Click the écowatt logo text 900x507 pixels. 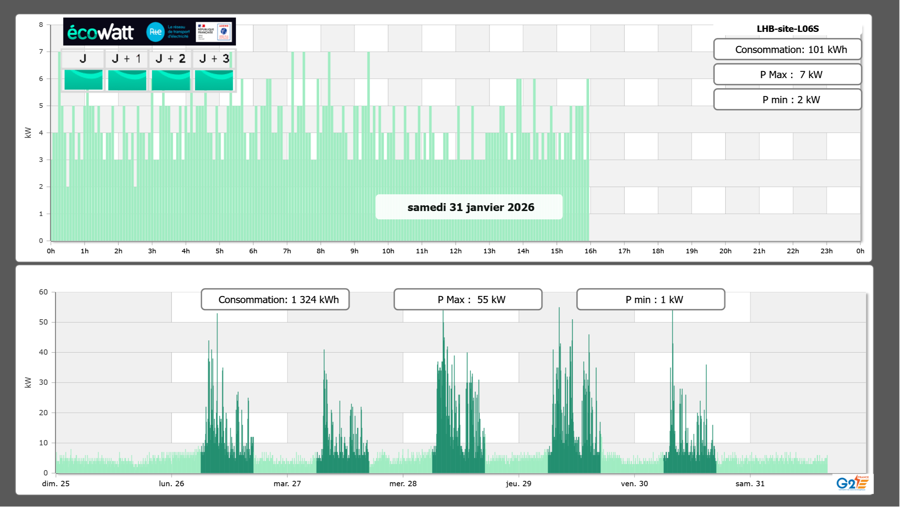tap(101, 33)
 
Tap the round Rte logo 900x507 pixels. tap(155, 32)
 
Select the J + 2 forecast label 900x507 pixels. tap(171, 59)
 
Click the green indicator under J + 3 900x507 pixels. tap(214, 80)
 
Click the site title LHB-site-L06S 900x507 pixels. tap(787, 29)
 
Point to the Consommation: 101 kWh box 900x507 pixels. tap(787, 49)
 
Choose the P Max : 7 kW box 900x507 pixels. tap(787, 75)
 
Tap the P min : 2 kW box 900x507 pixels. tap(787, 100)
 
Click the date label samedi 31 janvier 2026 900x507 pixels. tap(471, 207)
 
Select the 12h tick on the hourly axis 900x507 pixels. tap(456, 251)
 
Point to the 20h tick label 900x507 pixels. tap(725, 251)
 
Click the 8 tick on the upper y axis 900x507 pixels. tap(41, 25)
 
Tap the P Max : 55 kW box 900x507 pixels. tap(468, 300)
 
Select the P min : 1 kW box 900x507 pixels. tap(651, 300)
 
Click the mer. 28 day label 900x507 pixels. tap(403, 484)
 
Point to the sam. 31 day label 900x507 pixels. tap(750, 484)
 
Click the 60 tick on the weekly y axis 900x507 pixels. tap(43, 292)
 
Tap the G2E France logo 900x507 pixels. tap(852, 483)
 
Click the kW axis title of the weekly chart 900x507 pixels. tap(28, 382)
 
